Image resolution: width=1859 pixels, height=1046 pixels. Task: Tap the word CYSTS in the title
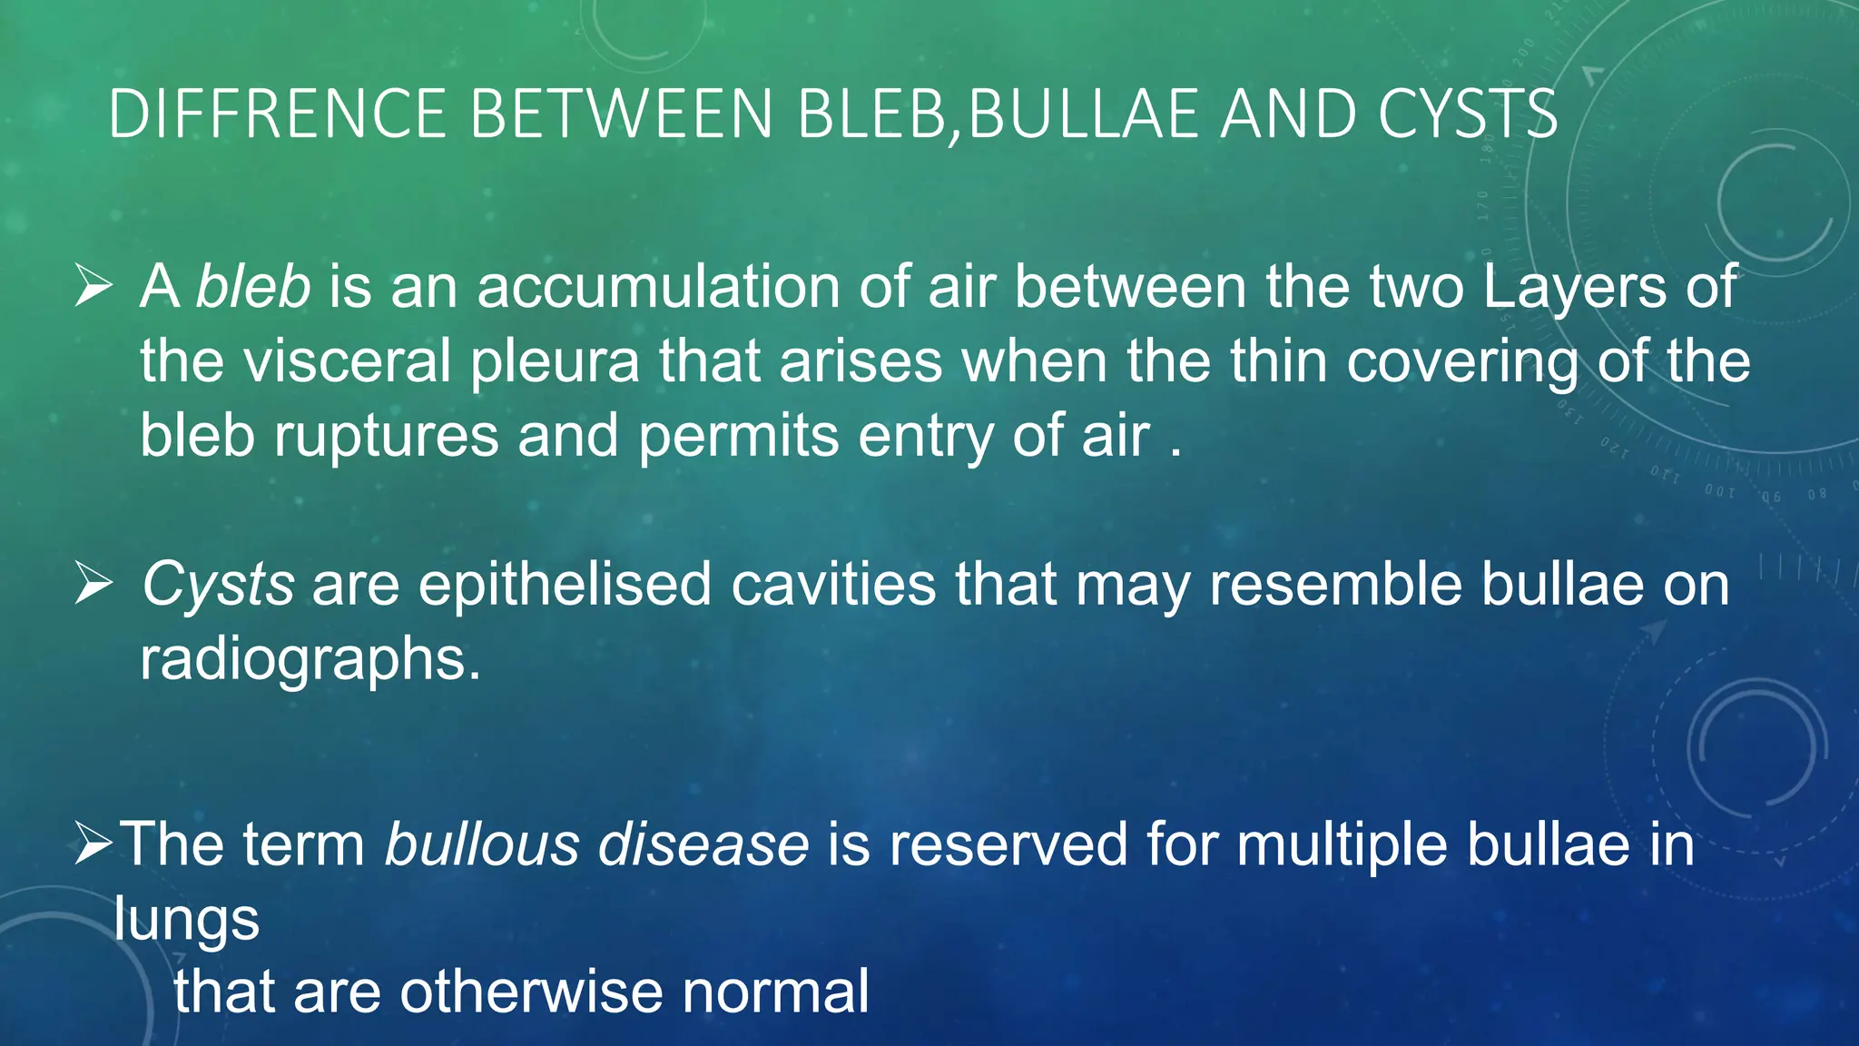pyautogui.click(x=1467, y=114)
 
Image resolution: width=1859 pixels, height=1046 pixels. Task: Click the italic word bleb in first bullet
pyautogui.click(x=254, y=287)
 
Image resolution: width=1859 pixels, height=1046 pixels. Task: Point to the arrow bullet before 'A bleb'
pyautogui.click(x=93, y=287)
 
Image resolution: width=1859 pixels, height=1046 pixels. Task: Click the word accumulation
pyautogui.click(x=659, y=287)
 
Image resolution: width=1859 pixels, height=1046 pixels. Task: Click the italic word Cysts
pyautogui.click(x=218, y=585)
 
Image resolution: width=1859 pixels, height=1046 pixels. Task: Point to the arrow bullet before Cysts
pyautogui.click(x=93, y=583)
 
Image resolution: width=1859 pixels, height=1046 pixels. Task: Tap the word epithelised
pyautogui.click(x=565, y=585)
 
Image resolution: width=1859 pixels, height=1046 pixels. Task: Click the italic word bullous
pyautogui.click(x=481, y=844)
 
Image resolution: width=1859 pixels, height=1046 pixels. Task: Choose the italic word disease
pyautogui.click(x=703, y=844)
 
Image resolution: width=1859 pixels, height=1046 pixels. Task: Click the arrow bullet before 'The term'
pyautogui.click(x=93, y=844)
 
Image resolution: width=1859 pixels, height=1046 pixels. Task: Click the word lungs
pyautogui.click(x=186, y=921)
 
